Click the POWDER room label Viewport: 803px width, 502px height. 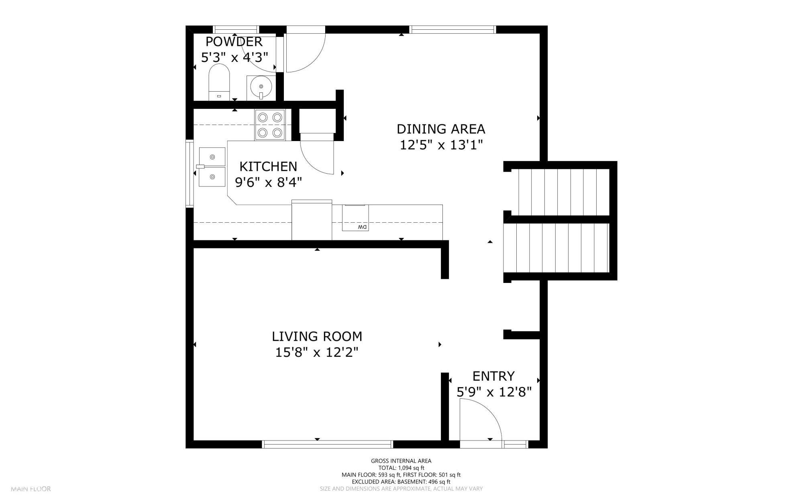(x=234, y=41)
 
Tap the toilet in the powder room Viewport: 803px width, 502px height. (x=219, y=82)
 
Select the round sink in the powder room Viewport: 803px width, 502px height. (x=261, y=86)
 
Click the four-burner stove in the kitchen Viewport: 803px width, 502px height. (x=270, y=125)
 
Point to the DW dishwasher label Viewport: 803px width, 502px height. (x=362, y=227)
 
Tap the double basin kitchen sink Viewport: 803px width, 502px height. (x=212, y=167)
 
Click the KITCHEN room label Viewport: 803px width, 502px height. (x=268, y=166)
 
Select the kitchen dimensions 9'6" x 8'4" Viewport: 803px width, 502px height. (x=268, y=182)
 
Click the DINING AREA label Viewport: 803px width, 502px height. (x=441, y=129)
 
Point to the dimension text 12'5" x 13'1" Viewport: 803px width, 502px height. (x=441, y=145)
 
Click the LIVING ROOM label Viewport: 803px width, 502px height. (x=317, y=336)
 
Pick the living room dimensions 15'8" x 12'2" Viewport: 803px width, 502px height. (x=317, y=352)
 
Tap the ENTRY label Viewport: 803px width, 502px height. (x=493, y=376)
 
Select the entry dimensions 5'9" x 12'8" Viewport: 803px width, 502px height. (x=494, y=391)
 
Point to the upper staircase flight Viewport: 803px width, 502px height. (x=564, y=192)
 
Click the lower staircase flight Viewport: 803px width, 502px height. (x=561, y=248)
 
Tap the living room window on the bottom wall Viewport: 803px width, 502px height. (x=327, y=444)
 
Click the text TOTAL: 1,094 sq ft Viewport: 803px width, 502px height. (x=401, y=468)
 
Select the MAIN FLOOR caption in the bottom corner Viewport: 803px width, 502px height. (x=31, y=489)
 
